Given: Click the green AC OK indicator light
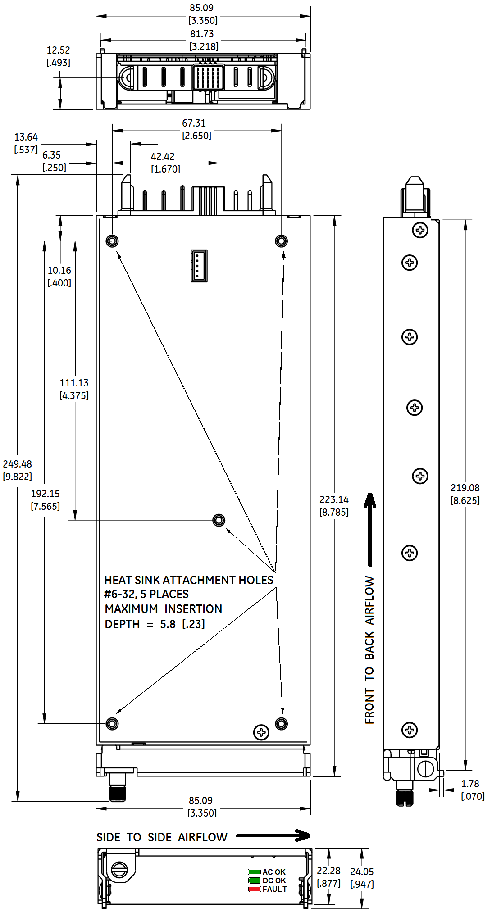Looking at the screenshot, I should coord(254,872).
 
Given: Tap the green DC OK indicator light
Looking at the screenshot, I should coord(254,881).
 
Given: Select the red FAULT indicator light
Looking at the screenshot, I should coord(254,889).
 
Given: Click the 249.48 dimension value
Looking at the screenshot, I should coord(18,464).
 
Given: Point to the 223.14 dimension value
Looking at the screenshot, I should coord(334,499).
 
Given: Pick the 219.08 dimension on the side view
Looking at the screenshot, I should coord(465,488).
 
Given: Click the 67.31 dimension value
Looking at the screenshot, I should coord(194,123).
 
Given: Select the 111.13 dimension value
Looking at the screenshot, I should coord(74,383).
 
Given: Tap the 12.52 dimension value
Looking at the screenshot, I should coord(58,50).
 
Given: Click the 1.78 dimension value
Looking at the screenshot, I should coord(470,784).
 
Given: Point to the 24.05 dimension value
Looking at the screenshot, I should coord(362,872).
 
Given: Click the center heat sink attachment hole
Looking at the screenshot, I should coord(219,520).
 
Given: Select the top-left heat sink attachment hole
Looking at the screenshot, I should coord(112,241).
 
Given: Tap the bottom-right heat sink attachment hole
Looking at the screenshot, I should coord(281,724).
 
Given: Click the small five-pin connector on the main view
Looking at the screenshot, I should coord(199,266).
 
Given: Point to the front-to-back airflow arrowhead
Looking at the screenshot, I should coord(370,500).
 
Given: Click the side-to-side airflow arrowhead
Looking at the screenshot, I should coord(303,835).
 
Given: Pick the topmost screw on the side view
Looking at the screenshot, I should coord(420,231).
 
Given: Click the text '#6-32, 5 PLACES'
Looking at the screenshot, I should coord(146,594).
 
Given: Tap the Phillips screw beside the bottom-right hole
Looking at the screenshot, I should coord(261,732).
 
